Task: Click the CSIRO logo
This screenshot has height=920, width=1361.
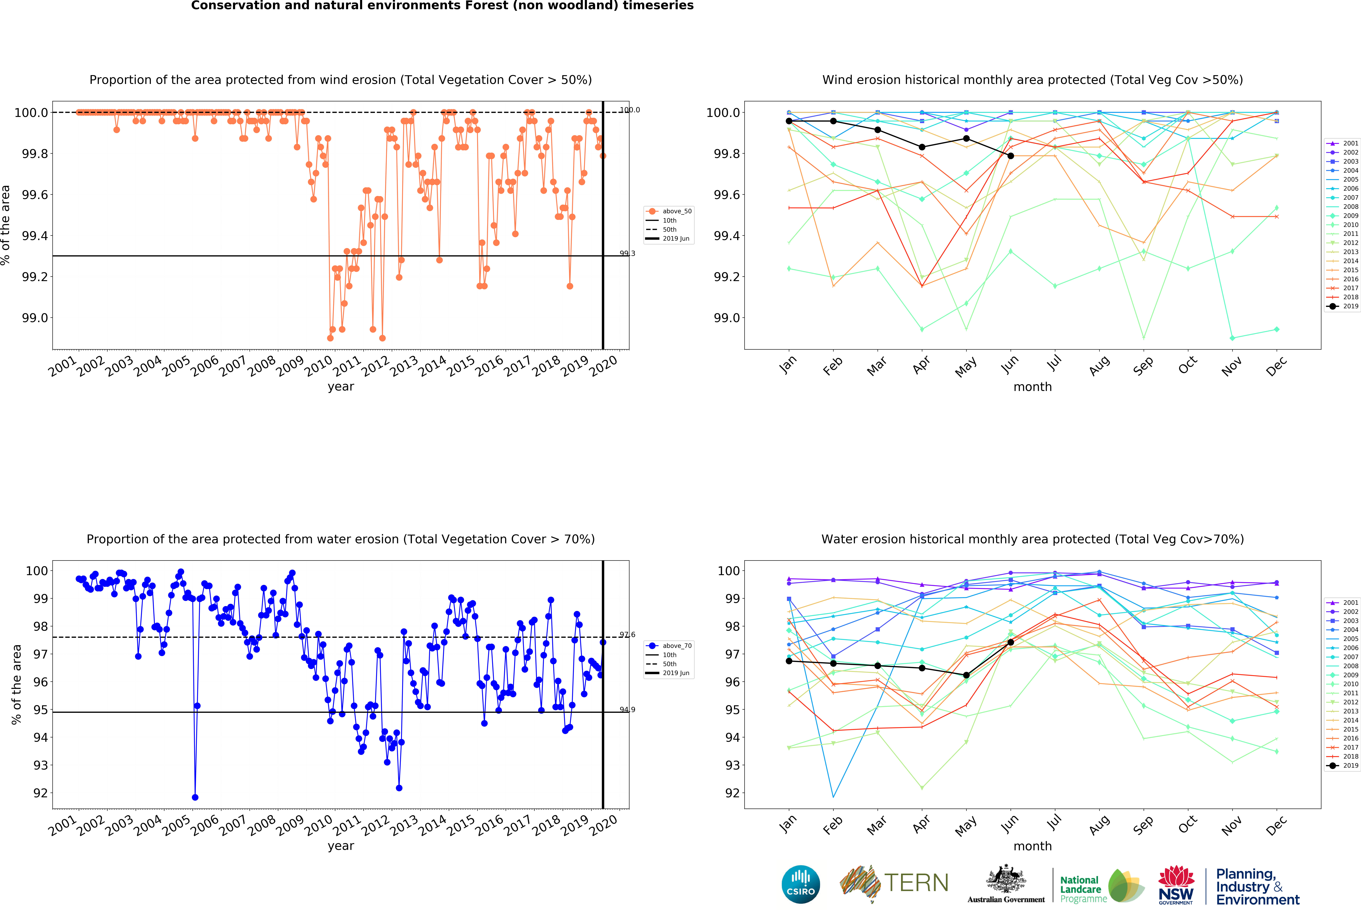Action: [x=801, y=884]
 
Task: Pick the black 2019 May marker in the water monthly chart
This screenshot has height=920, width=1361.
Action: [x=966, y=675]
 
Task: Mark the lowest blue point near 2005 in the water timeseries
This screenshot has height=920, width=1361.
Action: [x=195, y=798]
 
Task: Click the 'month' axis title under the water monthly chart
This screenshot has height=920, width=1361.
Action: [x=1032, y=846]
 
